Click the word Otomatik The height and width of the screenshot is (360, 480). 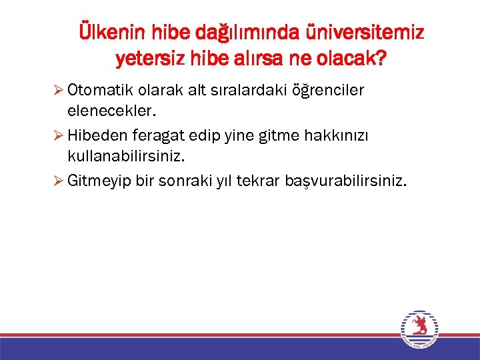click(97, 91)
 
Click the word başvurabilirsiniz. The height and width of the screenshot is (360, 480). click(347, 181)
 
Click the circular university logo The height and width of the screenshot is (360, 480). click(419, 329)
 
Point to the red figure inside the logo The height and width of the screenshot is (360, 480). click(419, 327)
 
